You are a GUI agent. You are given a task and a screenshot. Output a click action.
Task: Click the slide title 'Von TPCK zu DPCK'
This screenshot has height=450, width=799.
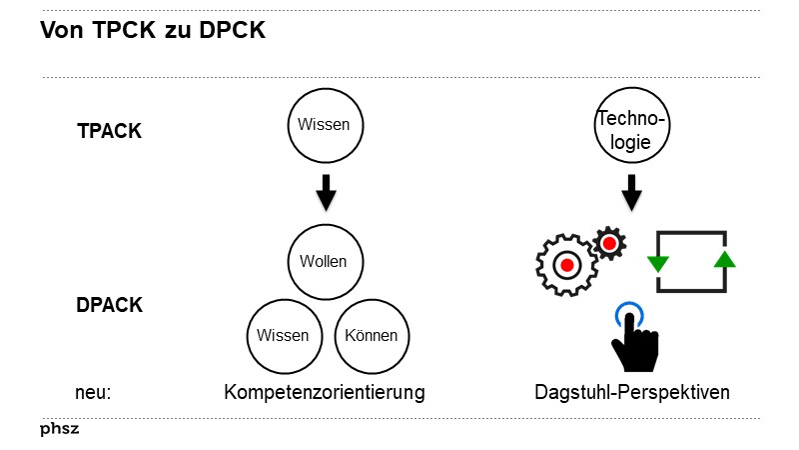[x=152, y=31]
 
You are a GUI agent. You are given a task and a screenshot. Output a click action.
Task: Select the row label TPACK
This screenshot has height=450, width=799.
[x=109, y=131]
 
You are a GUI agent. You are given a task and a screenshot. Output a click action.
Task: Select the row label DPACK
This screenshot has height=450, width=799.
[x=109, y=305]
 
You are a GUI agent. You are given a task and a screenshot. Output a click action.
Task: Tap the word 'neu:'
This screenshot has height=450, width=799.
[x=92, y=393]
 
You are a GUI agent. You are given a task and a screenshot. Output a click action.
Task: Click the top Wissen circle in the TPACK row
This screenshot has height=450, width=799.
[x=326, y=125]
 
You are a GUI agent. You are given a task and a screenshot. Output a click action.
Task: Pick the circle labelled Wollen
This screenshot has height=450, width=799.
[x=324, y=262]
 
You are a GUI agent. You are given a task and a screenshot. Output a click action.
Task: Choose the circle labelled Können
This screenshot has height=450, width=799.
[x=372, y=335]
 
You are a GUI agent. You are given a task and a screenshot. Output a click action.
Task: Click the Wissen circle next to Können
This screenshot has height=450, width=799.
[x=283, y=335]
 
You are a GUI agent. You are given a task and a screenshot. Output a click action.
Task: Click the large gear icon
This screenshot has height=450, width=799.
[x=566, y=265]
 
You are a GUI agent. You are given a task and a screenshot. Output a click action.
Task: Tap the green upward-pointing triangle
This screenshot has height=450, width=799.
[x=725, y=260]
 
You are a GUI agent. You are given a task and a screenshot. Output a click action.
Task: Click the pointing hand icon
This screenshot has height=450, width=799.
[x=631, y=345]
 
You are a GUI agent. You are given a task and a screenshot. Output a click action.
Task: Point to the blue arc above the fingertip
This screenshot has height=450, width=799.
[x=629, y=310]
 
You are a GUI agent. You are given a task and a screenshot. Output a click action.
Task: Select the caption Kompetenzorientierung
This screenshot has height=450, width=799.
[x=324, y=393]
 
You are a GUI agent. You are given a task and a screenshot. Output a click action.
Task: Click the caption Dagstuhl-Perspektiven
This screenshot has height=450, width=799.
[x=632, y=393]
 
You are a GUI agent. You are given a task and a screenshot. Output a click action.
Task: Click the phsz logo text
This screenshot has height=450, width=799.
[x=59, y=429]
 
